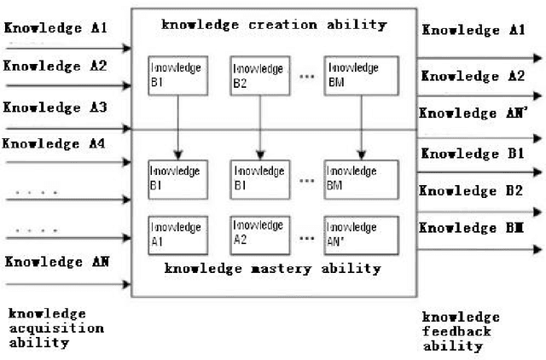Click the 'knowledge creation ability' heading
[x=274, y=24]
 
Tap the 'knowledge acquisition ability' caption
[x=56, y=328]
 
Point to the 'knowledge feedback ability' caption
[x=462, y=331]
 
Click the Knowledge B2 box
[x=258, y=74]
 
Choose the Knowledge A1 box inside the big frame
[x=177, y=235]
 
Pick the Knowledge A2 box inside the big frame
[x=258, y=235]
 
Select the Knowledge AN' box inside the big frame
[x=360, y=235]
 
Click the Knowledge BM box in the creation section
[x=361, y=74]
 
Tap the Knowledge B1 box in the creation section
[x=177, y=74]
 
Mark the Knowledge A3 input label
[x=55, y=108]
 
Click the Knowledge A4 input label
[x=55, y=142]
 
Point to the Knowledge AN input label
[x=55, y=262]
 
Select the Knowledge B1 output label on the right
[x=473, y=154]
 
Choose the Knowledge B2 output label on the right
[x=473, y=190]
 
